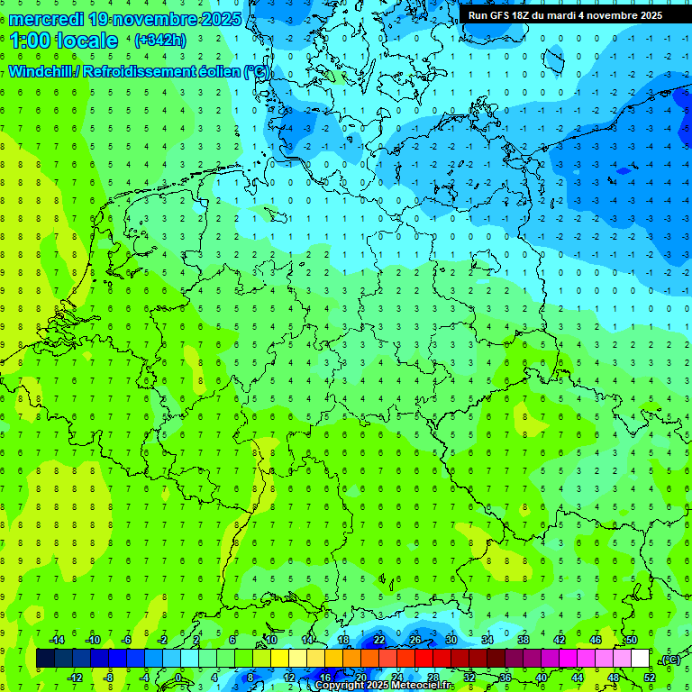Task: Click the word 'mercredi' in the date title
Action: tap(46, 19)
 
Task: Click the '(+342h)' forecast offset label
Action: tap(160, 41)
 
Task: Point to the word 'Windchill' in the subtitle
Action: tap(41, 71)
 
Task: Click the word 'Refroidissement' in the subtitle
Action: tap(136, 71)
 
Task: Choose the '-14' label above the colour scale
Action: tap(57, 640)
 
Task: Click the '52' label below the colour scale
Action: tap(650, 678)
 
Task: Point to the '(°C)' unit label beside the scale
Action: tap(670, 660)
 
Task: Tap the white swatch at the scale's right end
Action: tap(641, 659)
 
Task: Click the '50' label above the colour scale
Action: tap(632, 640)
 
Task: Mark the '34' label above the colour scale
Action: tap(487, 640)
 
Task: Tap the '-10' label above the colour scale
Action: tap(92, 640)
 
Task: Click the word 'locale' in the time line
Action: tap(86, 41)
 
